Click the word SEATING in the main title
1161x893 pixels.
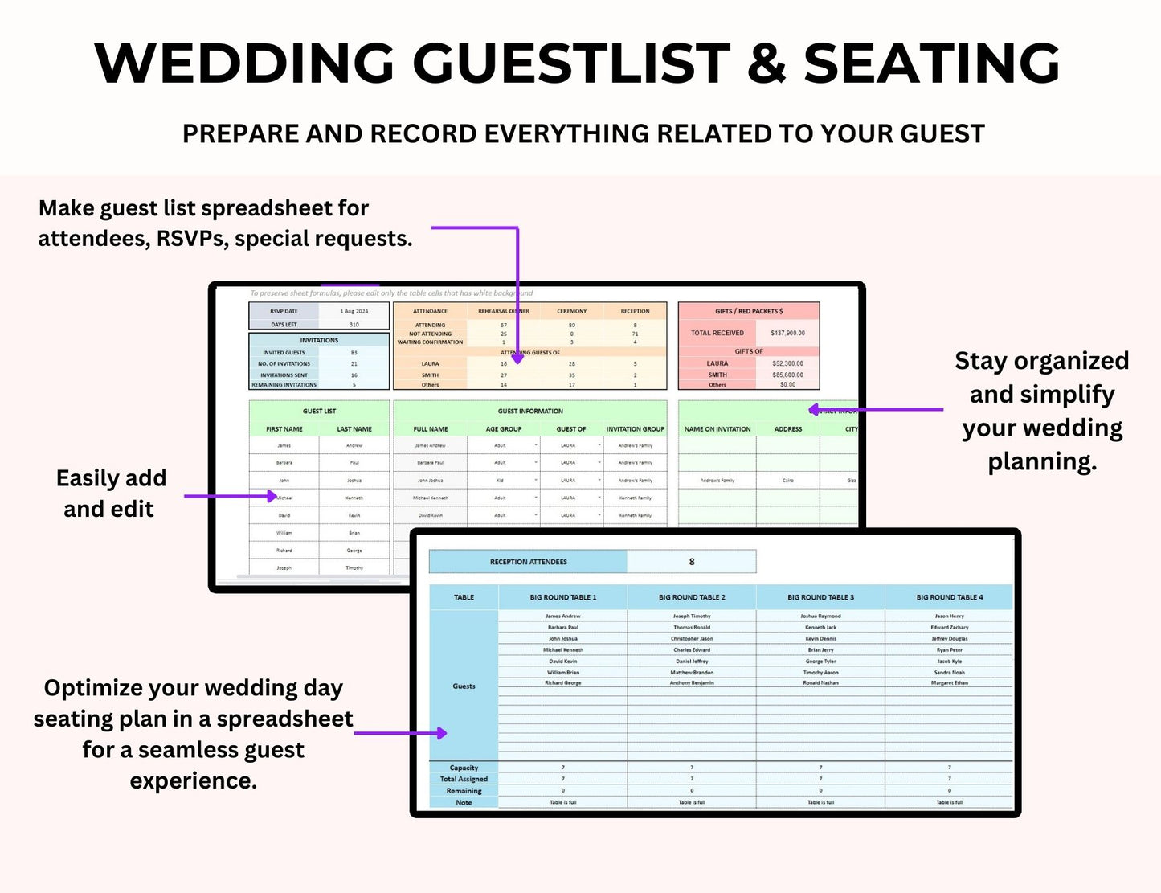(932, 63)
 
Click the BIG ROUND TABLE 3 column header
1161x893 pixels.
(820, 597)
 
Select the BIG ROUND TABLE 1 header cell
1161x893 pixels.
(562, 597)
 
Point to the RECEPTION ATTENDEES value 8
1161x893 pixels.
(692, 562)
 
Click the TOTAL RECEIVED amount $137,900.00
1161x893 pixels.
(787, 333)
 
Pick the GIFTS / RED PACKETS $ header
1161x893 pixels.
(749, 311)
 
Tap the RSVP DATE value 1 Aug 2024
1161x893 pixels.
(354, 311)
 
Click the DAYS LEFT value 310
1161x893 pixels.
(354, 325)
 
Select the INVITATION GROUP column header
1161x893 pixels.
(635, 429)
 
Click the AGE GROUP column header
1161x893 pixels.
(504, 429)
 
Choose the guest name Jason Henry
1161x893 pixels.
(949, 616)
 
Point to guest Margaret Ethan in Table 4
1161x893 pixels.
(949, 683)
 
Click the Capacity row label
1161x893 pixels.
(464, 768)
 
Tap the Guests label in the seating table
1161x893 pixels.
(464, 686)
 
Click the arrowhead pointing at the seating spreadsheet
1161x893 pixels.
(441, 733)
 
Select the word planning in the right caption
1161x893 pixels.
(1041, 461)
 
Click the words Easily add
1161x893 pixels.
(111, 478)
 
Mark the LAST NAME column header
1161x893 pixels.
(354, 429)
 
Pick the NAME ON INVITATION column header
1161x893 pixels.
(717, 429)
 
